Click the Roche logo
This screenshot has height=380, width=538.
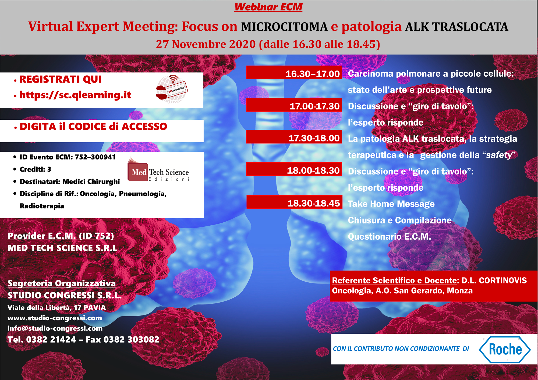[x=505, y=349]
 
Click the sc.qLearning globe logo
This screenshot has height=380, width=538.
[x=172, y=89]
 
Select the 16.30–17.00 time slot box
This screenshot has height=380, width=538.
[x=294, y=73]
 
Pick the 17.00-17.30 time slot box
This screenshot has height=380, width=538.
[x=294, y=105]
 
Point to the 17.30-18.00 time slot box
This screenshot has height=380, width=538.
[x=294, y=137]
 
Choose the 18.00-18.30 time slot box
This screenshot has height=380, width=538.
[x=294, y=169]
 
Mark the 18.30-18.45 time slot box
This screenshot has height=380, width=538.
[x=294, y=202]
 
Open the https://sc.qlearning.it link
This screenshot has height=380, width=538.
[x=75, y=95]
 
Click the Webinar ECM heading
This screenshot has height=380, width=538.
[x=268, y=7]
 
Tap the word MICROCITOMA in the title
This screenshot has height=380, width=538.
[x=284, y=27]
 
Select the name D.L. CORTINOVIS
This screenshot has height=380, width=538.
[x=494, y=280]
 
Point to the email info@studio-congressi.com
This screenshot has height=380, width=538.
[x=55, y=328]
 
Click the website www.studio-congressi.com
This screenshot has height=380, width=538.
[x=55, y=318]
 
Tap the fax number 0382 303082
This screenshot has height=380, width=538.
[x=131, y=340]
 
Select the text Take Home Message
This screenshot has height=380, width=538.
[x=391, y=204]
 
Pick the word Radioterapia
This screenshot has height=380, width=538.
[x=42, y=206]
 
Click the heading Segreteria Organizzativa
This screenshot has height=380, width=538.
[x=62, y=283]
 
